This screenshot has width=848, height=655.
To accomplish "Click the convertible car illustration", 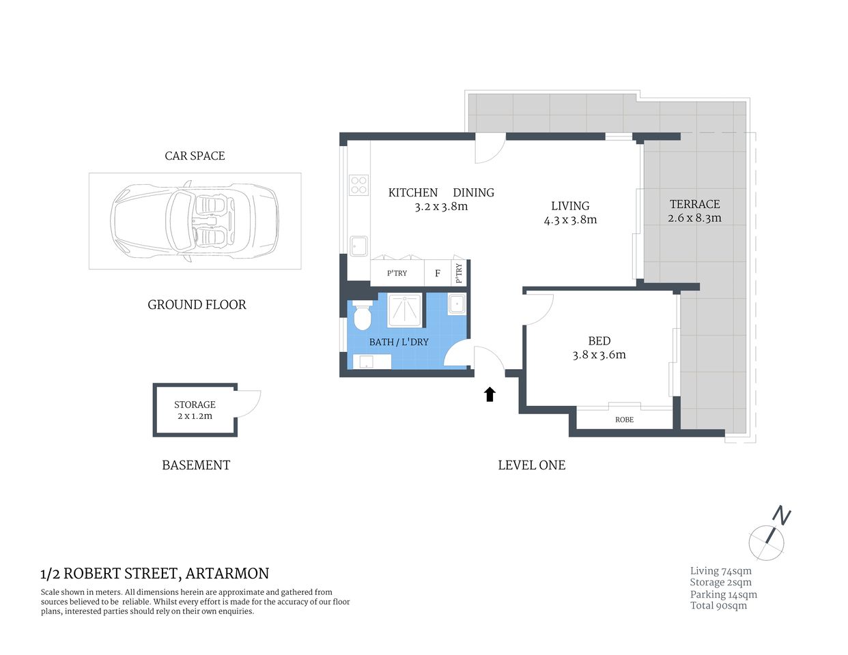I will [x=195, y=220].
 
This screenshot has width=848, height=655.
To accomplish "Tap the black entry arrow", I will [x=490, y=394].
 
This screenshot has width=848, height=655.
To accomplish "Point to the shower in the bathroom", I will [x=405, y=310].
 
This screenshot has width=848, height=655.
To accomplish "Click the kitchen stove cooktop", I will [x=358, y=185].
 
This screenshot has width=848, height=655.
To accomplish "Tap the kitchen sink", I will [x=359, y=246].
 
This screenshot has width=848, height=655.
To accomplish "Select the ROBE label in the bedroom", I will [x=624, y=420].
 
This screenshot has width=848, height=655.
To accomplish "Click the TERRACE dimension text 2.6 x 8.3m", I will [x=694, y=218].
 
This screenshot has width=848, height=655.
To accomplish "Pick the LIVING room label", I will [x=570, y=205].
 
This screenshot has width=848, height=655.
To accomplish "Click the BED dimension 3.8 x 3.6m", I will [x=599, y=355].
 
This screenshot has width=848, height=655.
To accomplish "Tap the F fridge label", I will [x=438, y=274].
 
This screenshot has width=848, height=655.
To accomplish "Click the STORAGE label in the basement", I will [x=195, y=405].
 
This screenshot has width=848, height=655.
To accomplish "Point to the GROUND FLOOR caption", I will [x=197, y=305].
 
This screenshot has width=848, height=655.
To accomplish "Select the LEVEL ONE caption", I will [x=531, y=465].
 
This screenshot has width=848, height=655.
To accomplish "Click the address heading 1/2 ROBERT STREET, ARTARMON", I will [x=155, y=573].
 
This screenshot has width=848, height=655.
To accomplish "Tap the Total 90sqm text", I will [x=718, y=606].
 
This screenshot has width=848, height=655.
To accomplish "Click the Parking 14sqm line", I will [x=723, y=594].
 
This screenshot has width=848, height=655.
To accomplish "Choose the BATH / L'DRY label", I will [x=399, y=342].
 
